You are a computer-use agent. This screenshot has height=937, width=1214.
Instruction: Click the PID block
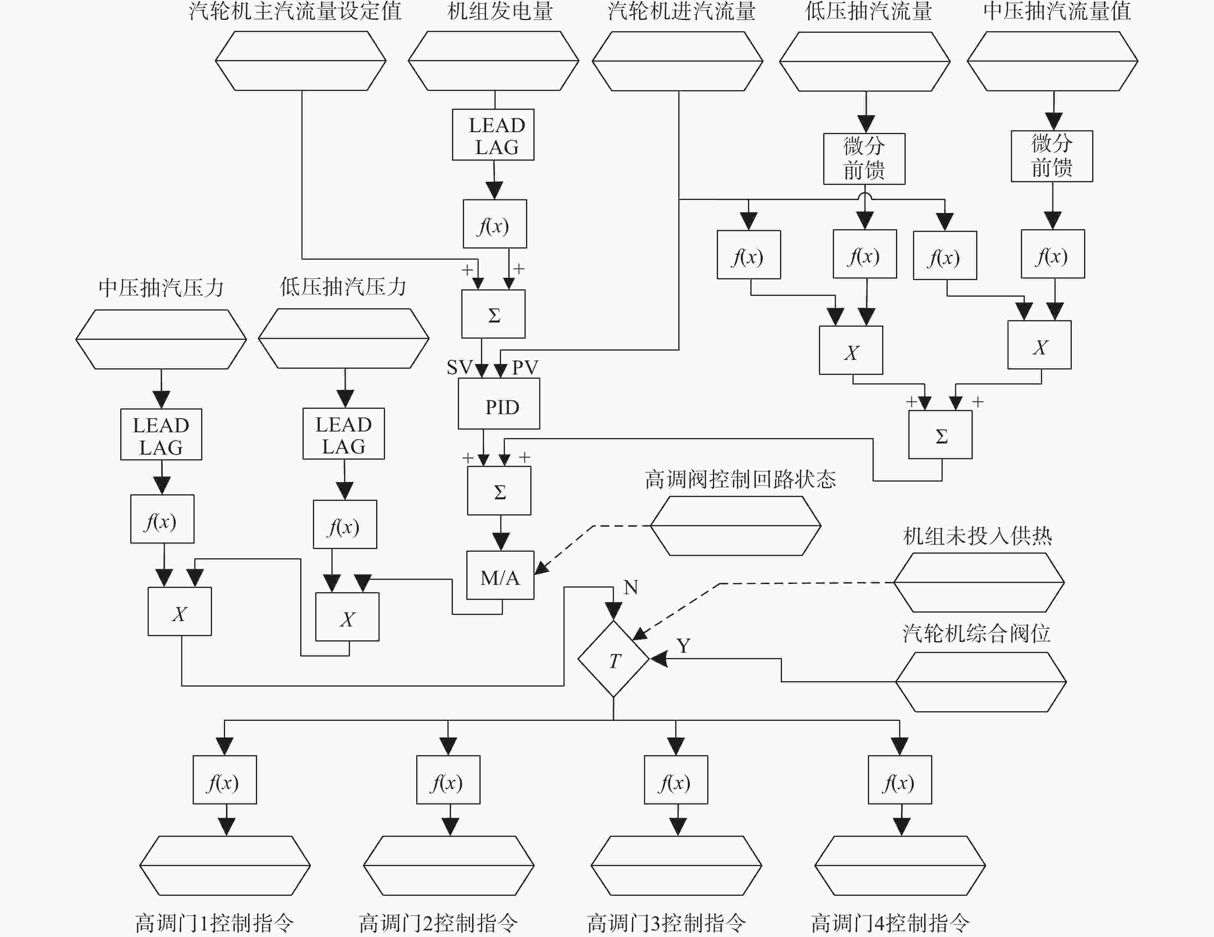pos(499,403)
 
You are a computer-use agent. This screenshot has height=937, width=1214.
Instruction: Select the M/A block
pos(500,575)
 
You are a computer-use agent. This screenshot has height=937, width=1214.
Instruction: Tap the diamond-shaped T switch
pos(613,659)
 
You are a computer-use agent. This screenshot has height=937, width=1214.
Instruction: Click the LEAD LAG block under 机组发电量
pos(493,134)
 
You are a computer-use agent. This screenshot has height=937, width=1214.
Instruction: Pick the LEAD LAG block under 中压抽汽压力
pos(161,434)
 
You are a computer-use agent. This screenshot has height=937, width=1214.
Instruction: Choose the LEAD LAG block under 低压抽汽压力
pos(343,433)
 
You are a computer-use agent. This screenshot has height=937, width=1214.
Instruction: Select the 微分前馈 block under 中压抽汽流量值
pos(1052,156)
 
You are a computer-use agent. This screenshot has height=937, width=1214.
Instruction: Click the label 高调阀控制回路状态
pos(740,479)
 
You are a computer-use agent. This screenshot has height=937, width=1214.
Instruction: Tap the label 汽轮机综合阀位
pos(977,633)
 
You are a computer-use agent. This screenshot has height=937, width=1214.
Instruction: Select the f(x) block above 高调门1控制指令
pos(225,780)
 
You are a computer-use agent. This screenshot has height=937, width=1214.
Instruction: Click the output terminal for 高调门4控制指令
pos(900,865)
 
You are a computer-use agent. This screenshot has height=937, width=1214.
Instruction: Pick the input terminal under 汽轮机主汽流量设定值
pos(301,60)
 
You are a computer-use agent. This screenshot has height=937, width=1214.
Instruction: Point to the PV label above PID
pos(525,367)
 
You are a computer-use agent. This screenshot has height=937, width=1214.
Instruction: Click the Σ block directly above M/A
pos(499,491)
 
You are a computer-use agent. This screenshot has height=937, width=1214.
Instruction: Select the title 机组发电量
pos(500,11)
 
